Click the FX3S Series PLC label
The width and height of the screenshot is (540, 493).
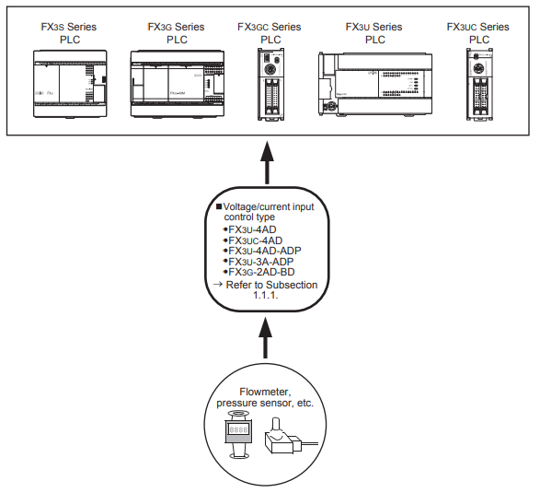pyautogui.click(x=69, y=33)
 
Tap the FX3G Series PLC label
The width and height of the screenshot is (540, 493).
pyautogui.click(x=176, y=33)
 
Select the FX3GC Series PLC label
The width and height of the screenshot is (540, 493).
pyautogui.click(x=270, y=33)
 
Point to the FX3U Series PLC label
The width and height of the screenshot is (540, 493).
pyautogui.click(x=374, y=33)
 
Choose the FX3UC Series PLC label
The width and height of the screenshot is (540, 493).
pyautogui.click(x=478, y=33)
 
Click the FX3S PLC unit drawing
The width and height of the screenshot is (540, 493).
pyautogui.click(x=70, y=84)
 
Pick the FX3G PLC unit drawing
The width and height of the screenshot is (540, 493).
pyautogui.click(x=178, y=84)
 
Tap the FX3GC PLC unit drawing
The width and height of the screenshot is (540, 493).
pyautogui.click(x=271, y=84)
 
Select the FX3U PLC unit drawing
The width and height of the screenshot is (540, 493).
pyautogui.click(x=375, y=84)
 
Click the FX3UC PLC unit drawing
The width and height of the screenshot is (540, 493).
pyautogui.click(x=479, y=85)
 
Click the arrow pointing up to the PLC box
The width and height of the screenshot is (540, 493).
pyautogui.click(x=267, y=162)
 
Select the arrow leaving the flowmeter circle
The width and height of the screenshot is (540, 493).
pyautogui.click(x=265, y=338)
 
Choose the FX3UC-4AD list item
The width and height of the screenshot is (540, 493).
pyautogui.click(x=253, y=241)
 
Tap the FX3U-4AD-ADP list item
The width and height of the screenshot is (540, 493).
pyautogui.click(x=262, y=251)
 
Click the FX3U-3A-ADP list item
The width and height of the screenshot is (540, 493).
pyautogui.click(x=259, y=262)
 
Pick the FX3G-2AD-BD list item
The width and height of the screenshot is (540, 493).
pyautogui.click(x=259, y=272)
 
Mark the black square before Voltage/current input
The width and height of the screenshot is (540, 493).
pyautogui.click(x=219, y=206)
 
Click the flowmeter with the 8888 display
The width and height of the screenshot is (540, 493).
pyautogui.click(x=238, y=435)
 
